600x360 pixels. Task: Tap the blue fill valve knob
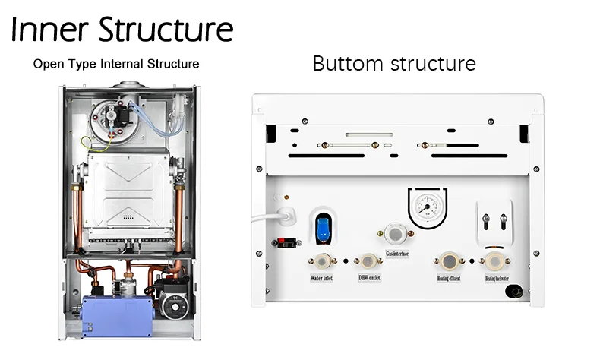[x=321, y=223]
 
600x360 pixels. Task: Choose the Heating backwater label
[x=497, y=279]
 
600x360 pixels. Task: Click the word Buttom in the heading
[x=348, y=63]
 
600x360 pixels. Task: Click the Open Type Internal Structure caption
[x=115, y=64]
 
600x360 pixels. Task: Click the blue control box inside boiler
[x=115, y=311]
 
